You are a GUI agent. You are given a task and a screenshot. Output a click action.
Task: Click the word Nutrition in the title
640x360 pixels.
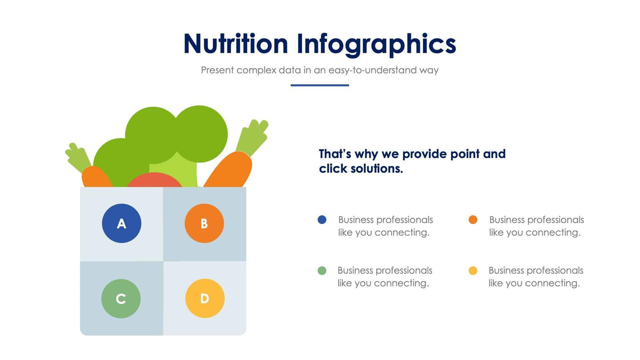tap(235, 44)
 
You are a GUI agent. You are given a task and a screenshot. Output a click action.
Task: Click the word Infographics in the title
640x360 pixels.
tap(377, 44)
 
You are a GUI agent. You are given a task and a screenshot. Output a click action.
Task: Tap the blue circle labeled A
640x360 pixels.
tap(122, 223)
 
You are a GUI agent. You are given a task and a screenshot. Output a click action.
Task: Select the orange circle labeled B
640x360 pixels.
tap(204, 223)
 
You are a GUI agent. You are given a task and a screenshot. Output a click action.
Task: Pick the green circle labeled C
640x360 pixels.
tap(121, 299)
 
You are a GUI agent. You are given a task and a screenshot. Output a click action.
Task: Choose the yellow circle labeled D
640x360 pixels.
tap(205, 299)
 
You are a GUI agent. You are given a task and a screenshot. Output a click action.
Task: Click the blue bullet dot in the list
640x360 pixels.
tap(322, 220)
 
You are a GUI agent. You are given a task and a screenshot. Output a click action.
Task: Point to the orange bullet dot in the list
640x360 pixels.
tap(473, 220)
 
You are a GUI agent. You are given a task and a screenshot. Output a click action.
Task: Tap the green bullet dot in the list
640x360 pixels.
tap(322, 270)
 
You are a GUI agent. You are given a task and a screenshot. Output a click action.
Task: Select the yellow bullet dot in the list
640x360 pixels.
tap(473, 270)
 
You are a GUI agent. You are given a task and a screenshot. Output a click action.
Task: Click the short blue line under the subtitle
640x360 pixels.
tap(319, 85)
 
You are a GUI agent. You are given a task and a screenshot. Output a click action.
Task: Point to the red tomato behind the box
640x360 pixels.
tap(155, 181)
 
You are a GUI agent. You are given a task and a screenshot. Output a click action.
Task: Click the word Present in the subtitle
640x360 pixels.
tap(217, 70)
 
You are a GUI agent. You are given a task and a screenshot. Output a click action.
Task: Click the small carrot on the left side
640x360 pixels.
tap(96, 177)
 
